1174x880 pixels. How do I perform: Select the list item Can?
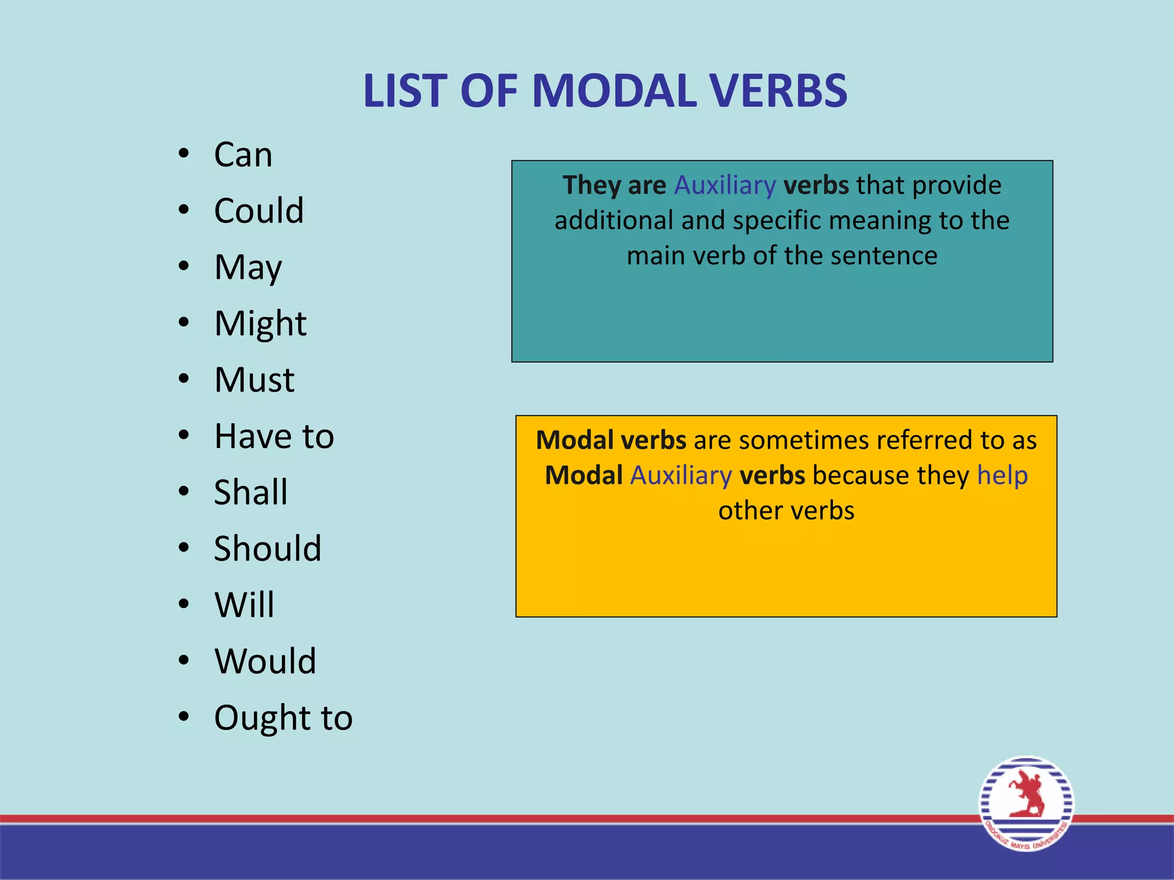pyautogui.click(x=243, y=155)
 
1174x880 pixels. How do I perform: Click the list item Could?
pyautogui.click(x=259, y=210)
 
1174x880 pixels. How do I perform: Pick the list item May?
pyautogui.click(x=248, y=268)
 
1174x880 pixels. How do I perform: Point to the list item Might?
pyautogui.click(x=260, y=324)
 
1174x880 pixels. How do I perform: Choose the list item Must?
pyautogui.click(x=254, y=379)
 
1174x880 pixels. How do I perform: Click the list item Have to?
pyautogui.click(x=274, y=436)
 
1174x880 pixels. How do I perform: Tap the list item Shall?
pyautogui.click(x=251, y=492)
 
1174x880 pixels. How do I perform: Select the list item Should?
pyautogui.click(x=267, y=548)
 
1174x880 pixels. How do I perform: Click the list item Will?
pyautogui.click(x=244, y=604)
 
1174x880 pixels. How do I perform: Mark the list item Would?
pyautogui.click(x=265, y=661)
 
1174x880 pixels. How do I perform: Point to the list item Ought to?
pyautogui.click(x=283, y=717)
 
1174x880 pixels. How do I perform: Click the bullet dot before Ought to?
pyautogui.click(x=183, y=716)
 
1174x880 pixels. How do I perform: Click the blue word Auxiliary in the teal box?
pyautogui.click(x=725, y=185)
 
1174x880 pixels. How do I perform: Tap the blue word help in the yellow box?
pyautogui.click(x=1002, y=476)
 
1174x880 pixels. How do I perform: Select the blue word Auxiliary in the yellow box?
pyautogui.click(x=681, y=476)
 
